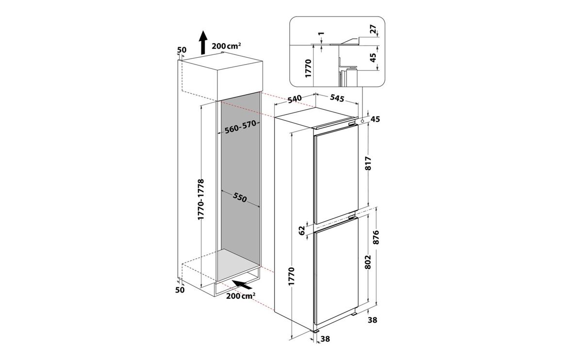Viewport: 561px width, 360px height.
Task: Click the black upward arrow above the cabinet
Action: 203,42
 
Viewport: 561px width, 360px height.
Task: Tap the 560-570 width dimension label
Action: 240,127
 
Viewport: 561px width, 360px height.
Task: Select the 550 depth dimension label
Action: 240,197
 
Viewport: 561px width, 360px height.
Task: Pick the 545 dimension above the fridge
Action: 337,98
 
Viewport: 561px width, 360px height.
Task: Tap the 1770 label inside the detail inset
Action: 309,69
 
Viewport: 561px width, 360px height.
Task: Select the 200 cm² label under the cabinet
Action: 241,296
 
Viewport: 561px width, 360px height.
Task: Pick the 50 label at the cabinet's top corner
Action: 182,50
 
